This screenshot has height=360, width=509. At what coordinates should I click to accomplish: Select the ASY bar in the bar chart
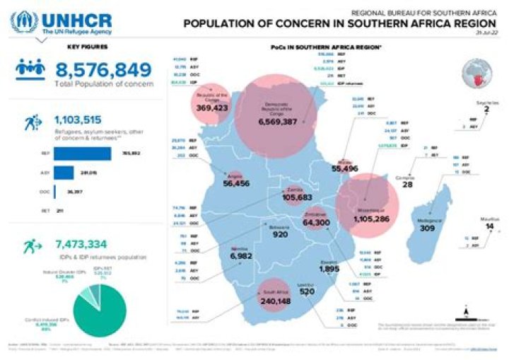pyautogui.click(x=64, y=172)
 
